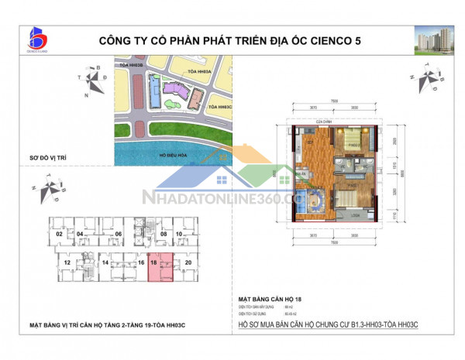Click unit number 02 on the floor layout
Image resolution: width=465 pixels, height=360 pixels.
pos(57,232)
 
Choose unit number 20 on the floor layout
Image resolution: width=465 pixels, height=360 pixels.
pos(188,263)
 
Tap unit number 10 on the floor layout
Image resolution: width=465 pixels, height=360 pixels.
pos(179,232)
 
